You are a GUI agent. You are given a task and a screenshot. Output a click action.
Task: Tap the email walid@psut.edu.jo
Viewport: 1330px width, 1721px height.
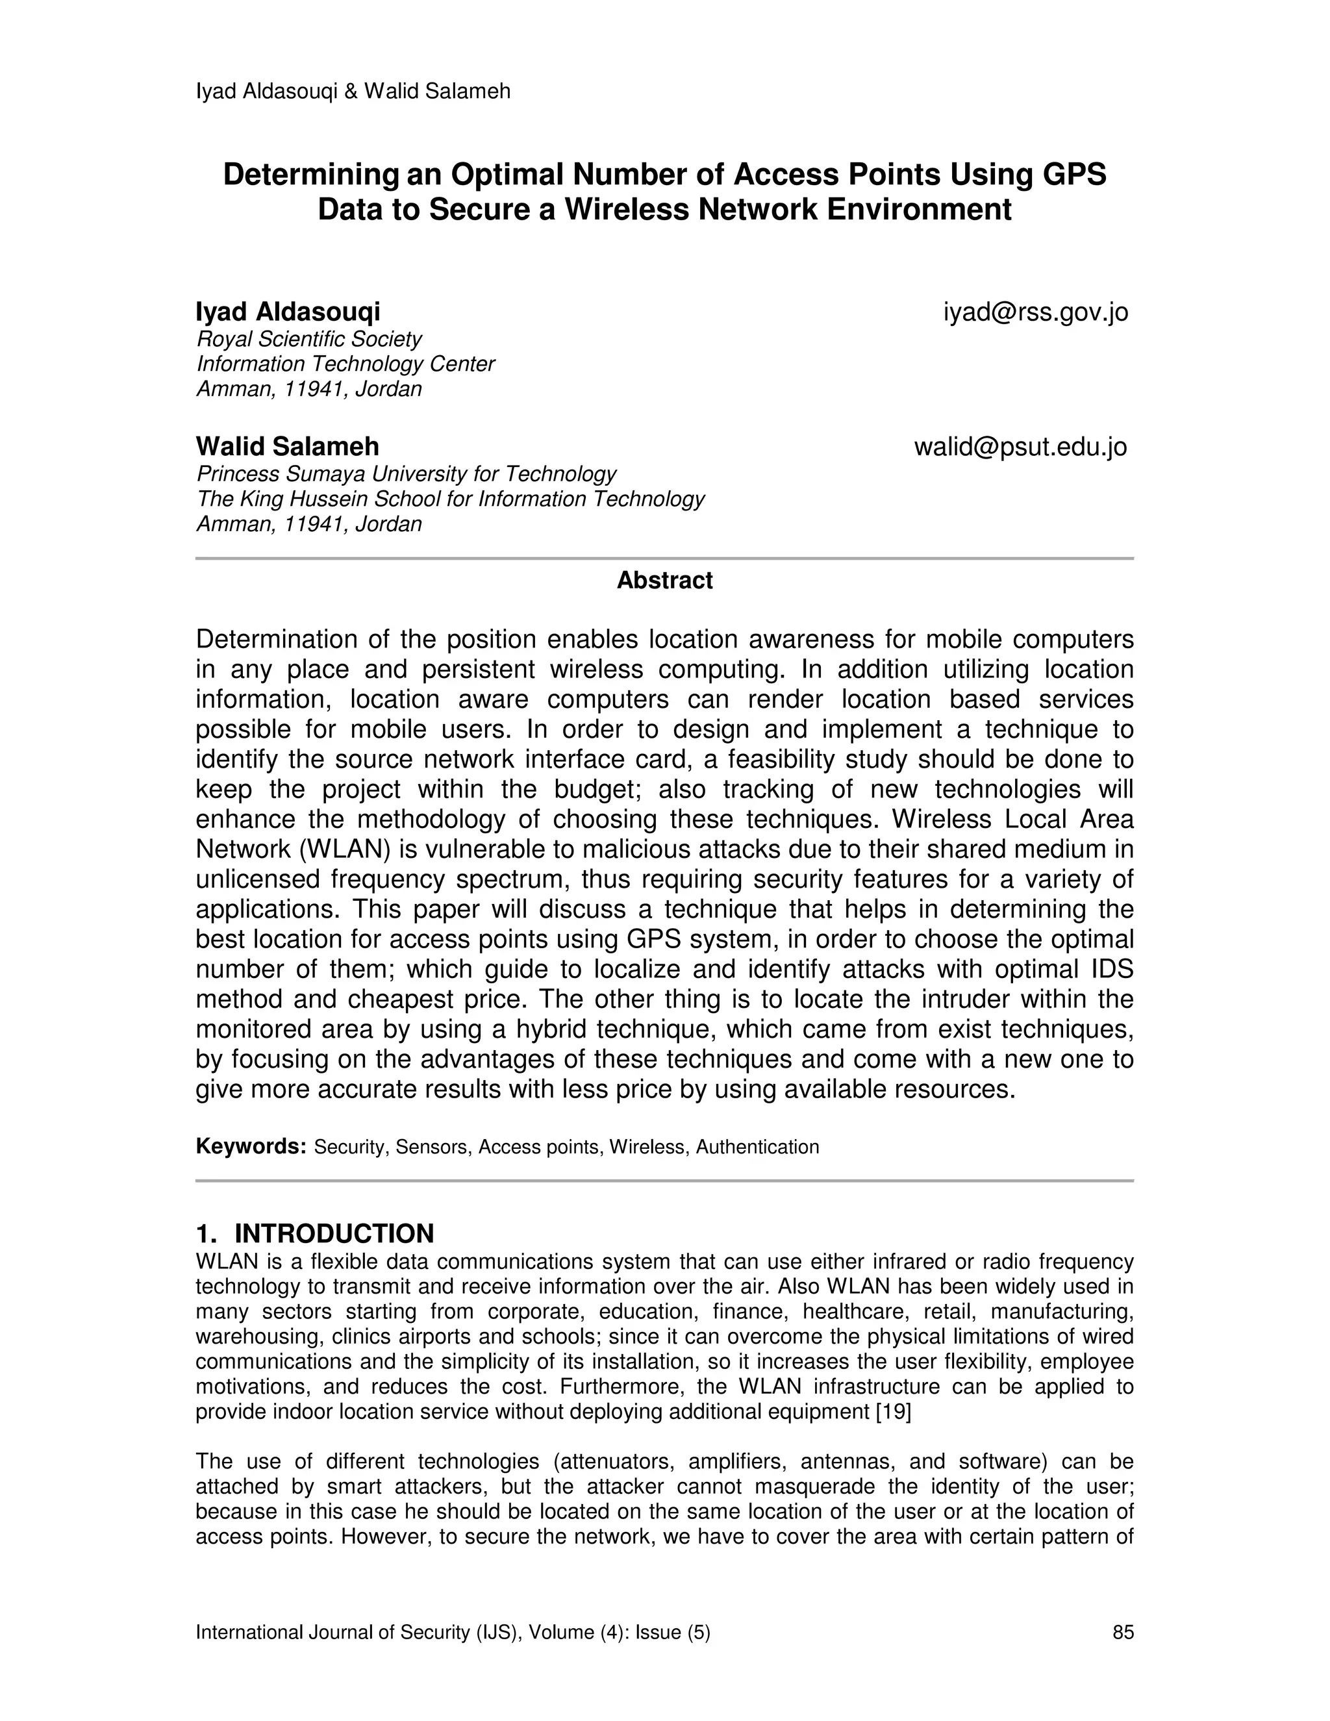tap(1020, 447)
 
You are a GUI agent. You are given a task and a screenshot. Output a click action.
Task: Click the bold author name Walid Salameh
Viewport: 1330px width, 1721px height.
tap(287, 447)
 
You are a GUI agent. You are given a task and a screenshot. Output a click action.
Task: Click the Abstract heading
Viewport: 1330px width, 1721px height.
tap(664, 581)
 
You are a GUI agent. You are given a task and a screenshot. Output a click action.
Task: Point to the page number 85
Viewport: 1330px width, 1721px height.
tap(1123, 1632)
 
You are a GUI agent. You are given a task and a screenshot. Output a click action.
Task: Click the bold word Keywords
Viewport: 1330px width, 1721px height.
tap(251, 1146)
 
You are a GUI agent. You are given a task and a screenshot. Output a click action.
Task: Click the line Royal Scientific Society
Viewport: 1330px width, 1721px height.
tap(309, 339)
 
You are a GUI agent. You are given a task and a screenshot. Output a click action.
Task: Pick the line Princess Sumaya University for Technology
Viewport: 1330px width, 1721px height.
tap(406, 473)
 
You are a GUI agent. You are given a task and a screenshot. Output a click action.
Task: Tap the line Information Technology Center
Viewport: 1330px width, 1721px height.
tap(345, 364)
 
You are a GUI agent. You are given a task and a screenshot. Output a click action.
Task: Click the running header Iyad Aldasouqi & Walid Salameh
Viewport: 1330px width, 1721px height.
tap(353, 92)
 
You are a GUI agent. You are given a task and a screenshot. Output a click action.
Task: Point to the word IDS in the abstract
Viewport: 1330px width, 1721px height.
tap(1108, 969)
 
